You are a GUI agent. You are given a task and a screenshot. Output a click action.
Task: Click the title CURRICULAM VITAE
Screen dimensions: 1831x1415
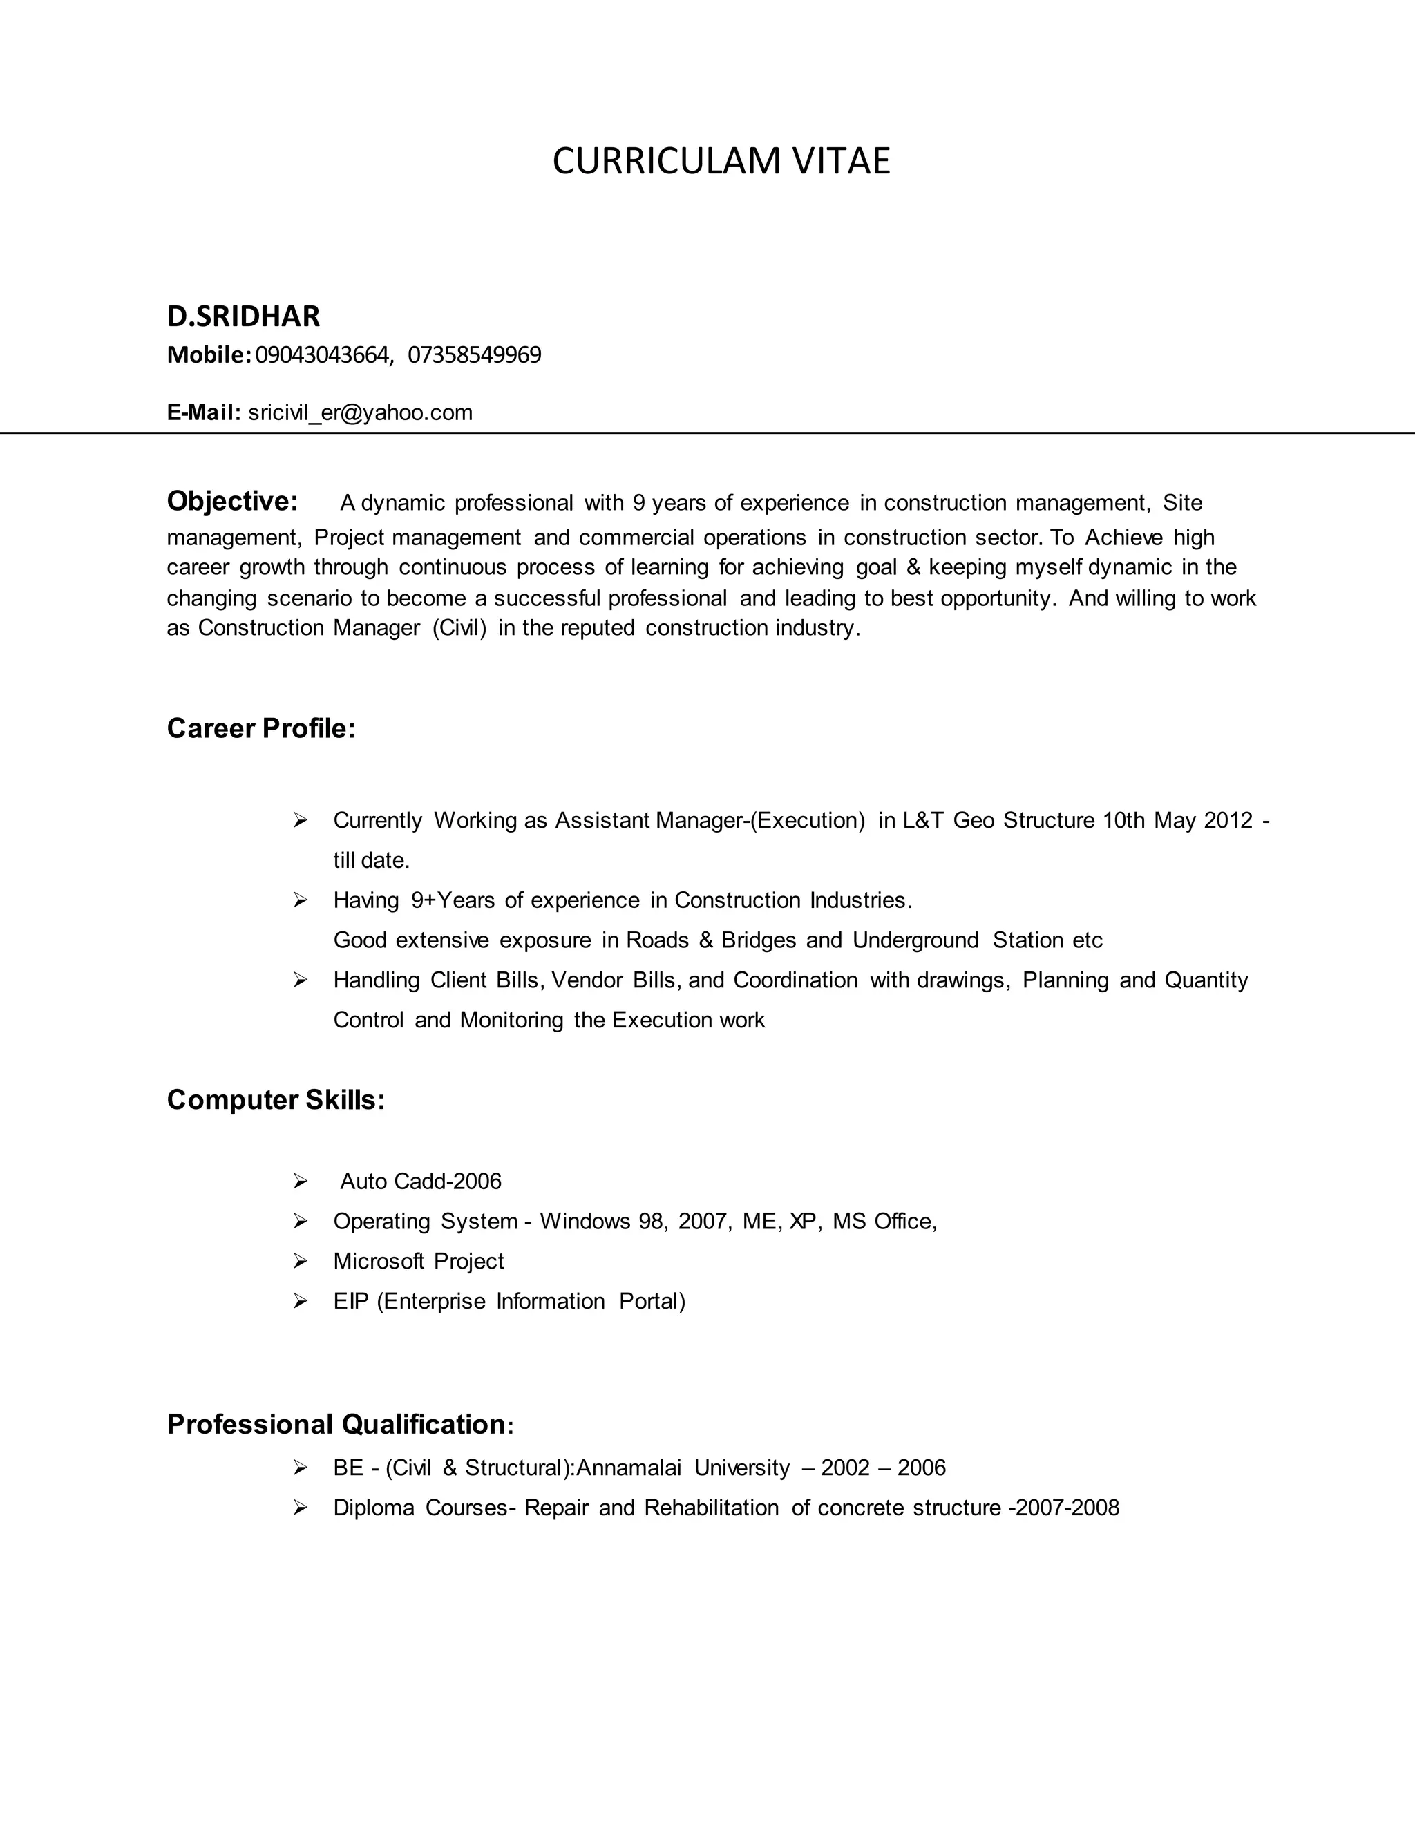pyautogui.click(x=721, y=161)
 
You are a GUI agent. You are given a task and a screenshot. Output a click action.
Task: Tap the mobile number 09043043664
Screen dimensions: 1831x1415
pyautogui.click(x=322, y=355)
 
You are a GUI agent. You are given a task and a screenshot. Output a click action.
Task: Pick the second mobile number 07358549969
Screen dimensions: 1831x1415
pyautogui.click(x=475, y=355)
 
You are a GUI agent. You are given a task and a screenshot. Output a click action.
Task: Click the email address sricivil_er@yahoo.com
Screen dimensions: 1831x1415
pyautogui.click(x=361, y=412)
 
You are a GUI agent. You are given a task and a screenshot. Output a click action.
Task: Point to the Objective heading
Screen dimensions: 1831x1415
pyautogui.click(x=232, y=502)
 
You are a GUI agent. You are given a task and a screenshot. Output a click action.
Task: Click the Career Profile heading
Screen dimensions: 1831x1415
pyautogui.click(x=260, y=728)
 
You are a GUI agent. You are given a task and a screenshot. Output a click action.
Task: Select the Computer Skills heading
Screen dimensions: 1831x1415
pyautogui.click(x=276, y=1100)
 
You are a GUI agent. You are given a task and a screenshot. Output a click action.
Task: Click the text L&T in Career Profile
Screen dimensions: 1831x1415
pyautogui.click(x=923, y=820)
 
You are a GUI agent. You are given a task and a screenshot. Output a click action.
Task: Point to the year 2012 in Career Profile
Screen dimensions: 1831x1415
pyautogui.click(x=1228, y=820)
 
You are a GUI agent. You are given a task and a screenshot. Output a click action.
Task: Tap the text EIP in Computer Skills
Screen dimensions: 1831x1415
pyautogui.click(x=351, y=1301)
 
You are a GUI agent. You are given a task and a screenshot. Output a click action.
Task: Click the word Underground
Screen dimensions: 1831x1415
pyautogui.click(x=915, y=940)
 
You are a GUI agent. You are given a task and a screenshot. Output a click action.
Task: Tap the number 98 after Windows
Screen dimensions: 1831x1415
pyautogui.click(x=650, y=1222)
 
